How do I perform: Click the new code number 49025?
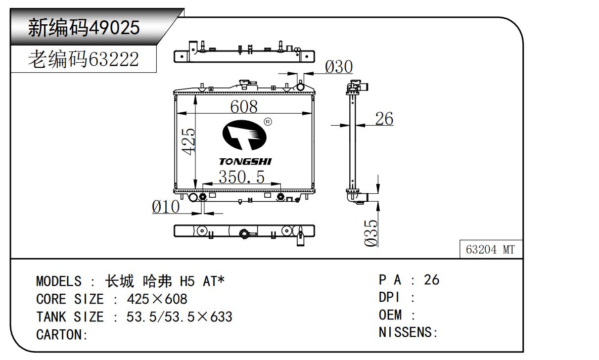tap(113, 28)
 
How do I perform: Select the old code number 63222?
tap(113, 60)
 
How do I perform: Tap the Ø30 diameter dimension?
tap(339, 67)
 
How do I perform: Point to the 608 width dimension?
tap(244, 106)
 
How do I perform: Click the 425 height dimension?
tap(188, 141)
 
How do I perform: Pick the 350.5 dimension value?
tap(242, 177)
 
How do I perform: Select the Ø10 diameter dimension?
tap(166, 207)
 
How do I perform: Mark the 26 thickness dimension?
tap(384, 119)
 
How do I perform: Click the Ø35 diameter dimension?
tap(371, 232)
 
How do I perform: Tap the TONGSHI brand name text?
tap(245, 162)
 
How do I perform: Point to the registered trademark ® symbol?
tap(268, 122)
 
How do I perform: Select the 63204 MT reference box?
tap(490, 250)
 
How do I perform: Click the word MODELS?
tap(58, 282)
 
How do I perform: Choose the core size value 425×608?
tap(157, 299)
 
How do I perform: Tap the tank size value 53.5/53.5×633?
tap(179, 317)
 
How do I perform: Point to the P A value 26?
tap(431, 280)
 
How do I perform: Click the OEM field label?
tap(390, 315)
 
